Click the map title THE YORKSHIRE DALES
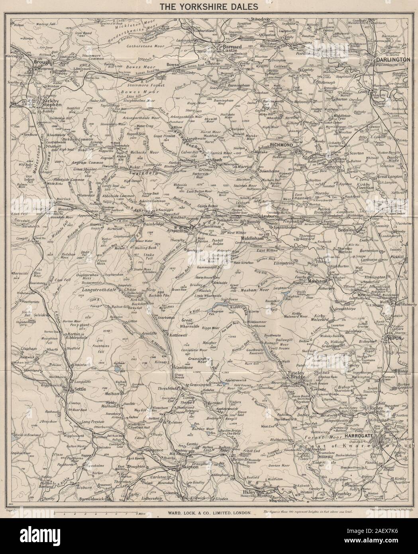(209, 6)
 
